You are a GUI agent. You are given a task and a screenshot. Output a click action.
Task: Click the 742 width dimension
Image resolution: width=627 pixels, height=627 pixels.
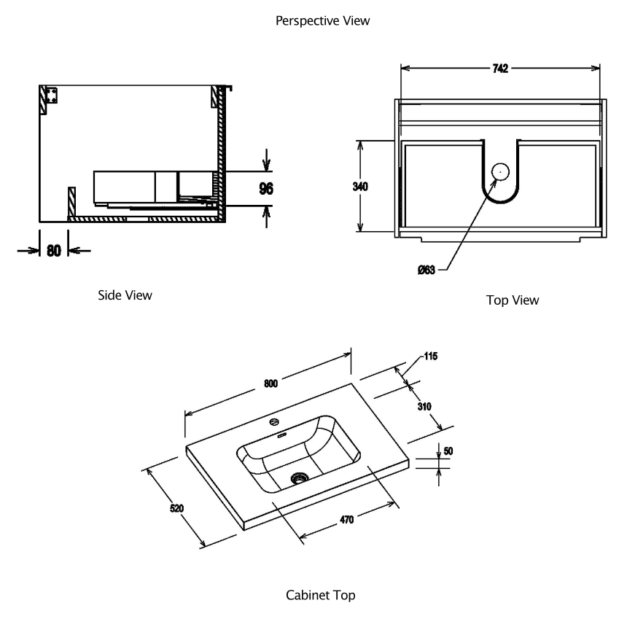tap(499, 69)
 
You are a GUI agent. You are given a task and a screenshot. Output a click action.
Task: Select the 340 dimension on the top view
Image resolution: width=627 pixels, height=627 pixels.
tap(359, 187)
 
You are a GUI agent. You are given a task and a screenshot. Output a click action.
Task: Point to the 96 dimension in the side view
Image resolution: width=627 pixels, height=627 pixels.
tap(266, 189)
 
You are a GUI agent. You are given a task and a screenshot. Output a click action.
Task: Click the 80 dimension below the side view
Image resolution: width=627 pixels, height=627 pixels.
tap(53, 250)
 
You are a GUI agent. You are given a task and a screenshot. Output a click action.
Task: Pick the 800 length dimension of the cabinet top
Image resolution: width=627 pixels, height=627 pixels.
tap(270, 385)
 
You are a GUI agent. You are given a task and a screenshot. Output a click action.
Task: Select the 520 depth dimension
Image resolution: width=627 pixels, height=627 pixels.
tap(176, 508)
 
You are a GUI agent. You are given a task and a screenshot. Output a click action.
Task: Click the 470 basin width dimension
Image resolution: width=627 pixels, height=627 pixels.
tap(346, 520)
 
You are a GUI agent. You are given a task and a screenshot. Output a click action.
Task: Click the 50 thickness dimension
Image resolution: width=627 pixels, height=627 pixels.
tap(448, 451)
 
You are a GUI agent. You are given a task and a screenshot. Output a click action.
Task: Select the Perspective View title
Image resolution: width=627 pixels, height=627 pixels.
tap(322, 21)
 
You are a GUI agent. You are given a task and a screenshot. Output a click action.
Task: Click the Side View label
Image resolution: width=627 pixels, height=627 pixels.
tap(125, 295)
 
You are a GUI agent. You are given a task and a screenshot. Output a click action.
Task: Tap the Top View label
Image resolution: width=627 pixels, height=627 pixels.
tap(512, 300)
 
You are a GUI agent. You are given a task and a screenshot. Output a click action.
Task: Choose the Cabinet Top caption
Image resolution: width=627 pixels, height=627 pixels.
tap(321, 596)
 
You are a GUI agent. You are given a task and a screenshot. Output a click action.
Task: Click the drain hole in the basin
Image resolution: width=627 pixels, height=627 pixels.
tap(298, 478)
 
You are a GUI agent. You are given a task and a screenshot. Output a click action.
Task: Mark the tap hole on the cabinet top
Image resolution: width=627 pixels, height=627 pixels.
tap(275, 421)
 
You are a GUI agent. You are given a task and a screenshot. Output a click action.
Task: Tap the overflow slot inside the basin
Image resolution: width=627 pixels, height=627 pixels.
tap(283, 435)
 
